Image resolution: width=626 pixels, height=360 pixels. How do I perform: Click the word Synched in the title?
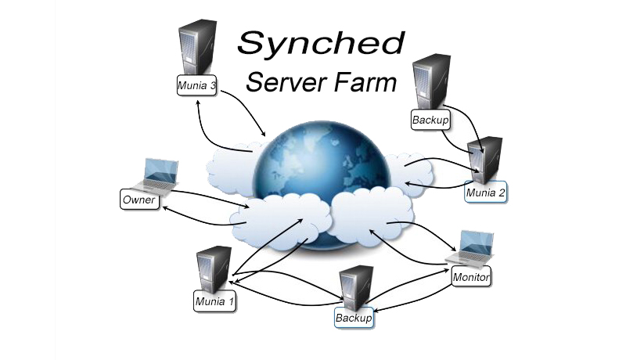tap(321, 44)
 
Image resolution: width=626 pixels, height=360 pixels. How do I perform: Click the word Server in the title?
tap(281, 81)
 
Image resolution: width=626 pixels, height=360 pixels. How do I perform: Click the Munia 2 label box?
tap(485, 192)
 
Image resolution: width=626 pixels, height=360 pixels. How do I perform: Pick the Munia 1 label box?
tap(214, 301)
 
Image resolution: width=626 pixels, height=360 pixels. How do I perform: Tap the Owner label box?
tap(139, 200)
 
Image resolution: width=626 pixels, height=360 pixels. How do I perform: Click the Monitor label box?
tap(471, 277)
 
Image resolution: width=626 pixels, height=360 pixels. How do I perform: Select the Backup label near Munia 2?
tap(428, 121)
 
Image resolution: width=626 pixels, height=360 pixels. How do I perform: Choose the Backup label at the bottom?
tap(354, 319)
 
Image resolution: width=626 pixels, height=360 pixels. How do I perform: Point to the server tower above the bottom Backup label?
tap(356, 287)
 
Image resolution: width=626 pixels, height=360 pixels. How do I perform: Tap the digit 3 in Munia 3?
tap(211, 85)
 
